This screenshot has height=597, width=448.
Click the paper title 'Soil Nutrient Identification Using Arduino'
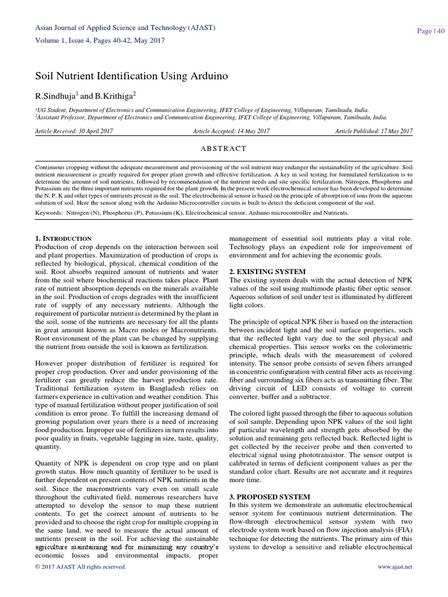[132, 76]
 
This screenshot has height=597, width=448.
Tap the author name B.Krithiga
[114, 95]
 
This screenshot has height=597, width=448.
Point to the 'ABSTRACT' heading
[224, 149]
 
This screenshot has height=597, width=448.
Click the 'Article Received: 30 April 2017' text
[75, 132]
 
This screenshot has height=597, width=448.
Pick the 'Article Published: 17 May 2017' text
[374, 132]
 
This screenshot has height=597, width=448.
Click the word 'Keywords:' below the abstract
[50, 213]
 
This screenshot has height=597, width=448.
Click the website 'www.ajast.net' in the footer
[395, 567]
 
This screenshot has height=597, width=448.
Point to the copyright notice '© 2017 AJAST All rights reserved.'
[80, 567]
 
